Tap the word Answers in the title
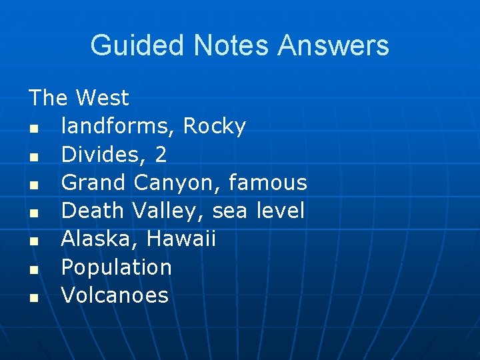click(x=333, y=45)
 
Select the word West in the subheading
click(x=102, y=98)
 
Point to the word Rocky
click(x=215, y=126)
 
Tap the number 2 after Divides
click(x=161, y=155)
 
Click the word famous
click(x=268, y=183)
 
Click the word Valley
click(x=167, y=211)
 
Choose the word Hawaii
click(x=181, y=239)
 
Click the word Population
click(x=117, y=267)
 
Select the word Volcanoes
click(x=115, y=295)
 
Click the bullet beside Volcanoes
click(x=33, y=297)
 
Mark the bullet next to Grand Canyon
click(x=33, y=185)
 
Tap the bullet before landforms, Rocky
click(x=33, y=128)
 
